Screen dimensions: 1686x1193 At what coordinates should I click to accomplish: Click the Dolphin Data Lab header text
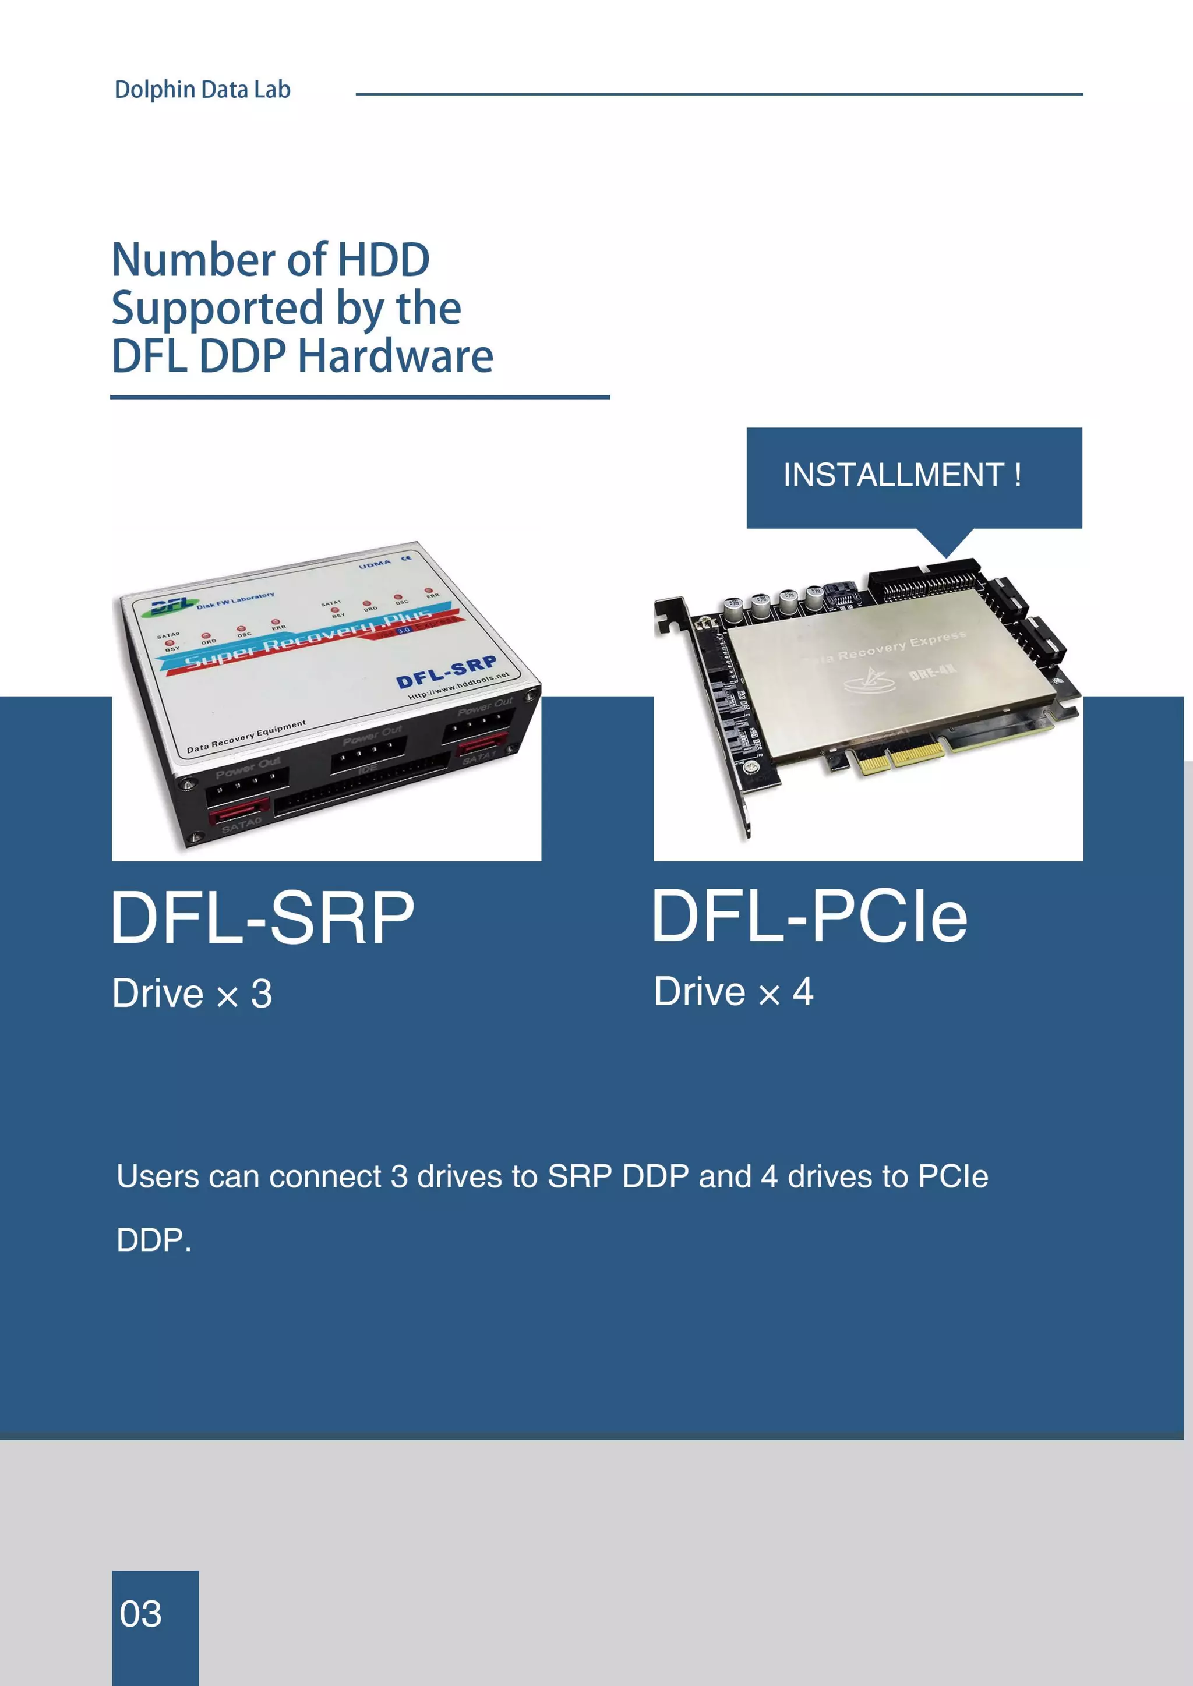202,90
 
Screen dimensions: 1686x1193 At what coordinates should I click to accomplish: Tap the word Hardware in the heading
395,357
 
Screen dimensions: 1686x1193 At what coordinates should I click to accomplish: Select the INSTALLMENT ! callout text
902,475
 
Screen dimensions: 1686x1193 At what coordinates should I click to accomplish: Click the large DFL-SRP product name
262,918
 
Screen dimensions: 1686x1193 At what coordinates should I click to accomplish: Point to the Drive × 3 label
192,994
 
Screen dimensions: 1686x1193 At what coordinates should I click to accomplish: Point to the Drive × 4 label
733,992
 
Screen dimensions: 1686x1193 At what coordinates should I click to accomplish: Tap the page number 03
140,1614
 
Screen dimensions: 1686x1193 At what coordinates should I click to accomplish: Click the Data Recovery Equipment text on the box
245,737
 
